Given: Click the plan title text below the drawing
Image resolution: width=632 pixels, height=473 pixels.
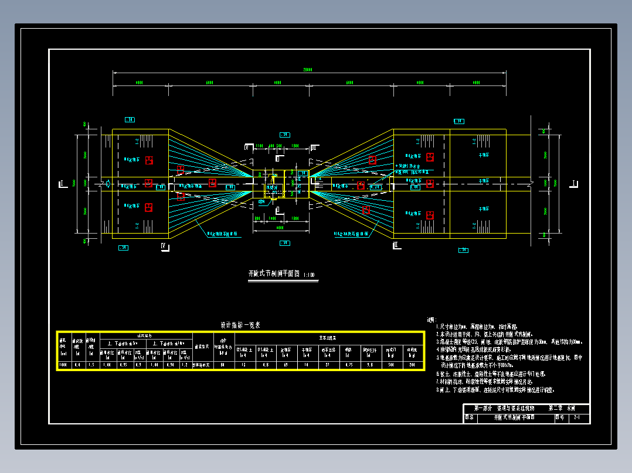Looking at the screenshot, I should [273, 274].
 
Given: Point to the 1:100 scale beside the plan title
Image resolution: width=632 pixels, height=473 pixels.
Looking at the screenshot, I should [310, 275].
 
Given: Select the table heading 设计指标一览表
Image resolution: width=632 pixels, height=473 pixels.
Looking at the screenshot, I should [240, 325].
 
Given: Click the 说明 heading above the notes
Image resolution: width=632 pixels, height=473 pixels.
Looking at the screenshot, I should [431, 320].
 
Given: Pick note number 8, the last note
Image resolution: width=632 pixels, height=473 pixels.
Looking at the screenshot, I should [437, 389].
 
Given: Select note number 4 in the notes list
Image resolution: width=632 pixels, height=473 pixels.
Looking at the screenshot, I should [437, 349].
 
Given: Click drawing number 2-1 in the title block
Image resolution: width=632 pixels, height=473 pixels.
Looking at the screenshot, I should [577, 418].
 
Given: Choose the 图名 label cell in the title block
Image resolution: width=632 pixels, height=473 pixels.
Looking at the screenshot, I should [469, 418].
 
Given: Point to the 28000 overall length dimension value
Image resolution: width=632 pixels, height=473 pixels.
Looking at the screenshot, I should [307, 70].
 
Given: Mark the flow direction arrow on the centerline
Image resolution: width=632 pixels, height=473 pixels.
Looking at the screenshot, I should [107, 184].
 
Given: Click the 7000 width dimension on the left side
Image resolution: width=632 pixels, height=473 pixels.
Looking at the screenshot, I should [74, 183].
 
